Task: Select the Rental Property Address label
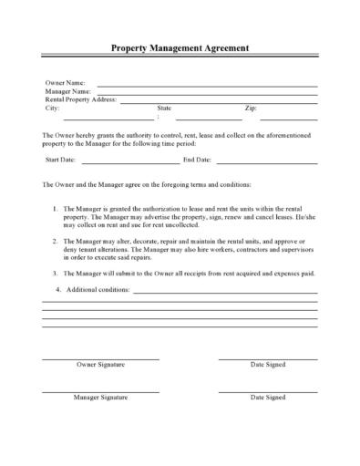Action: (x=82, y=99)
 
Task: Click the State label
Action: (x=164, y=108)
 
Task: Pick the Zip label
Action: (x=251, y=108)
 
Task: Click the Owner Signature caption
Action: (x=101, y=365)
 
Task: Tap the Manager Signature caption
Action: (x=100, y=398)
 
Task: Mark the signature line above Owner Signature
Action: (x=101, y=358)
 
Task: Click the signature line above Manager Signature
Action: (x=101, y=391)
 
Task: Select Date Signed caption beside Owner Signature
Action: (x=268, y=365)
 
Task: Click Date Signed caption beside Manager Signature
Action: (x=268, y=398)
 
